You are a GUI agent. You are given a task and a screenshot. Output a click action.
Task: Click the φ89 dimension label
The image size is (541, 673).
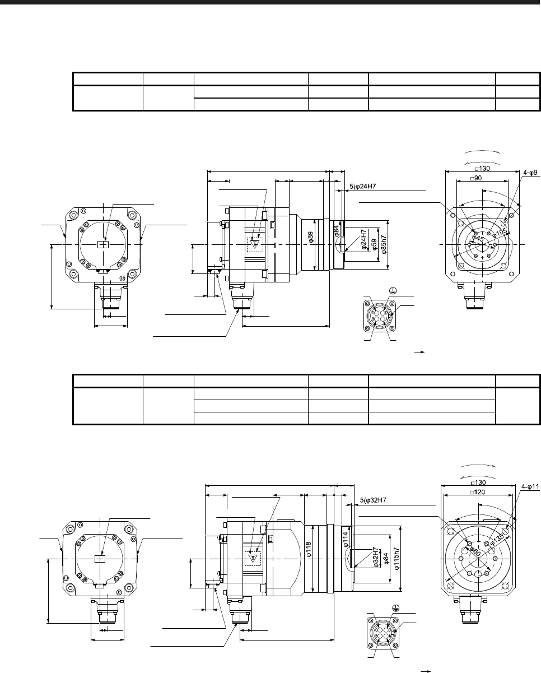tap(311, 236)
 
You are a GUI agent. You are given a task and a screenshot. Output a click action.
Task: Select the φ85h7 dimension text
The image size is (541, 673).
tap(384, 244)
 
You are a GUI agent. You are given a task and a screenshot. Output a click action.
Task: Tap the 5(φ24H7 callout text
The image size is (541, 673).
tap(362, 187)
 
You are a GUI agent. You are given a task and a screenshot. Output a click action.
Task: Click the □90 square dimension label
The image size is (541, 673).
tap(475, 178)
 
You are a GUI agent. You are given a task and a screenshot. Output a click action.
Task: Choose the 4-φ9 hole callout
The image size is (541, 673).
tap(530, 173)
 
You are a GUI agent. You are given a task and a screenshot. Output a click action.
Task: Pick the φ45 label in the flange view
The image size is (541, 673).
tap(478, 239)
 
